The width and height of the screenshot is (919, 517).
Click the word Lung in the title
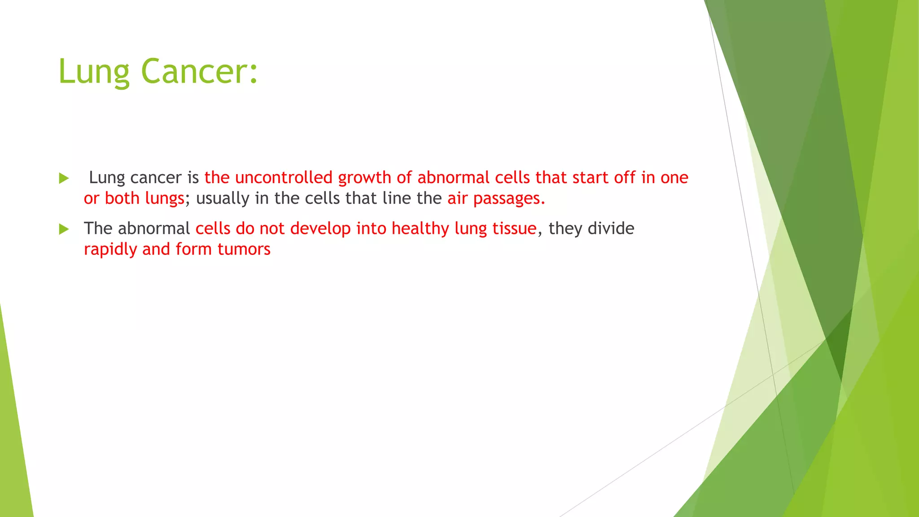pyautogui.click(x=94, y=72)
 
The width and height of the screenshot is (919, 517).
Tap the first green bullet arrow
pyautogui.click(x=64, y=178)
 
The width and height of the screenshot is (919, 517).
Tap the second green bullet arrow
pyautogui.click(x=64, y=229)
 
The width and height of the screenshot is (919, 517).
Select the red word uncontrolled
pyautogui.click(x=284, y=178)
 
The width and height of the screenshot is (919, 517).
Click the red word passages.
pyautogui.click(x=509, y=199)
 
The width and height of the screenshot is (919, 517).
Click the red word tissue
pyautogui.click(x=514, y=229)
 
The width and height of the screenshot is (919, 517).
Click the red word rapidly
pyautogui.click(x=110, y=250)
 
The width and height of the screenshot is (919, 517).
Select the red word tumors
pyautogui.click(x=244, y=249)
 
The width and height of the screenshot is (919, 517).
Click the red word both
pyautogui.click(x=122, y=198)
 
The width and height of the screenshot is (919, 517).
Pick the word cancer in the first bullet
pyautogui.click(x=156, y=178)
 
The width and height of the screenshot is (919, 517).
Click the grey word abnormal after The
pyautogui.click(x=154, y=228)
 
